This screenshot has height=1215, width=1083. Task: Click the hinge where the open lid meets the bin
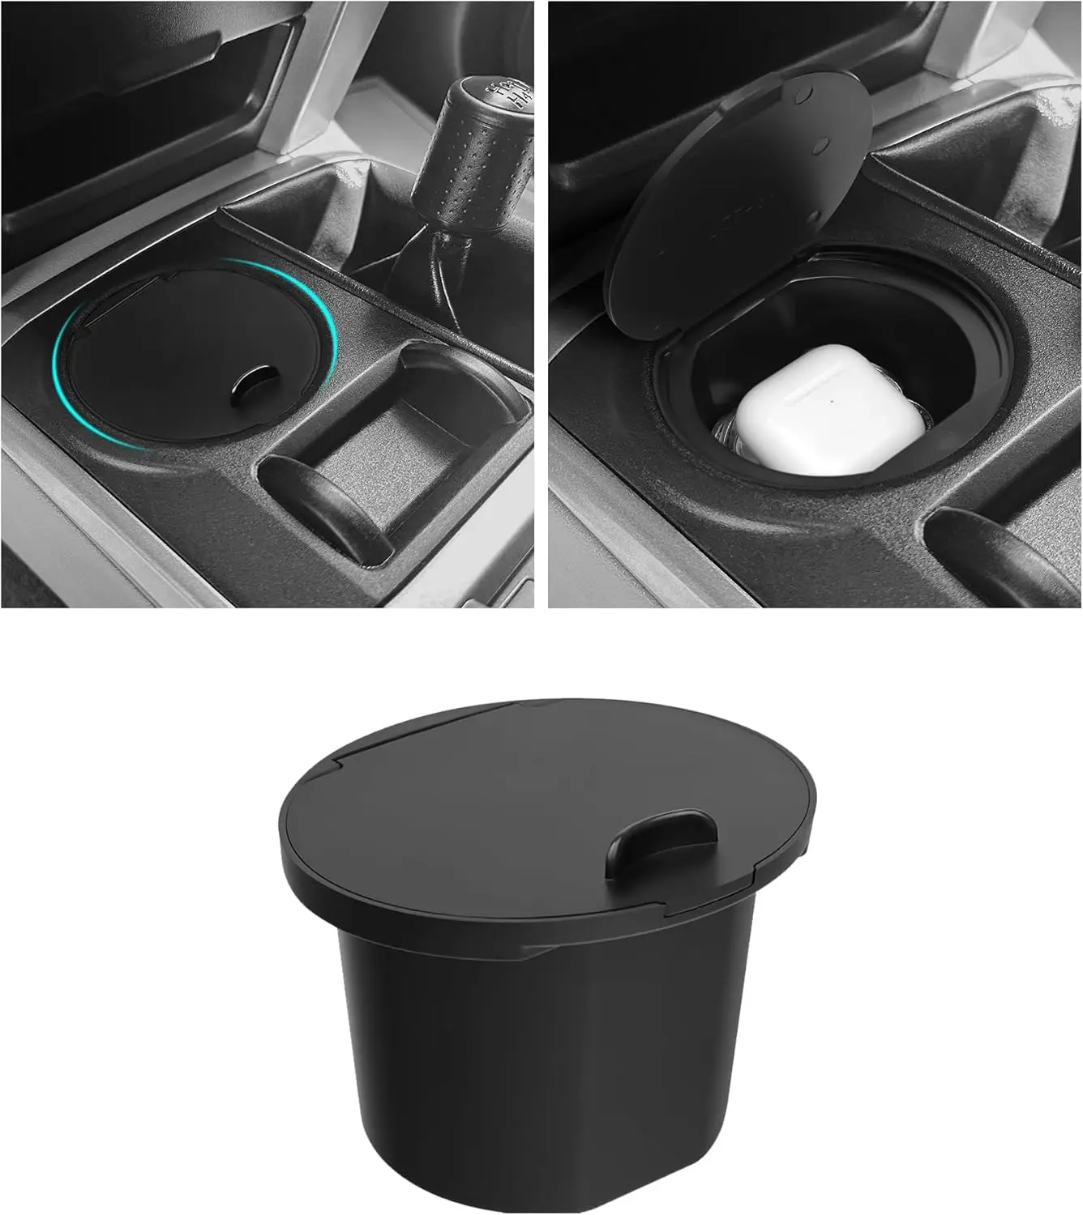649,340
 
